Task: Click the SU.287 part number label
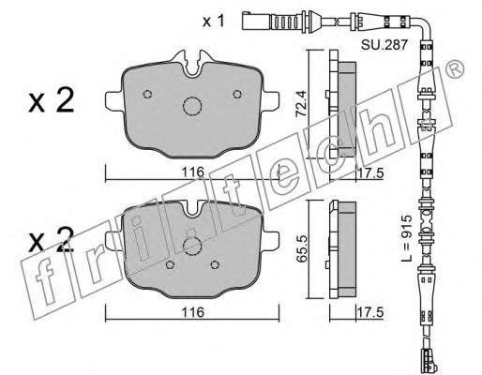(x=384, y=45)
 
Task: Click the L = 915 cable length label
(x=406, y=238)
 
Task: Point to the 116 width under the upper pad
(x=193, y=172)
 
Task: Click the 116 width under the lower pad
(x=193, y=312)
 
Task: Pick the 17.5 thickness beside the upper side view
(x=370, y=172)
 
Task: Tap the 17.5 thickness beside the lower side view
(x=370, y=312)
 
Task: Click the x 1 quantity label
(x=214, y=22)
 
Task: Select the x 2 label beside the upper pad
(x=52, y=100)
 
